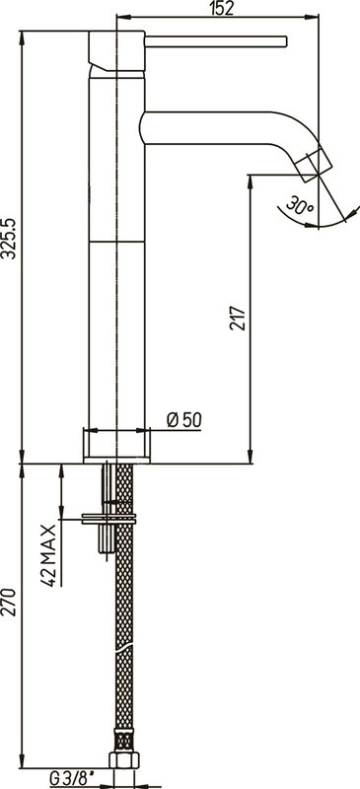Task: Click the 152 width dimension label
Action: click(x=222, y=8)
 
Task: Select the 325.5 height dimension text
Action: click(x=9, y=239)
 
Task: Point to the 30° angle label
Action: click(x=300, y=206)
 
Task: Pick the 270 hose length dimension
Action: click(x=10, y=602)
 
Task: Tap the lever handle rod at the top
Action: click(x=216, y=41)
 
